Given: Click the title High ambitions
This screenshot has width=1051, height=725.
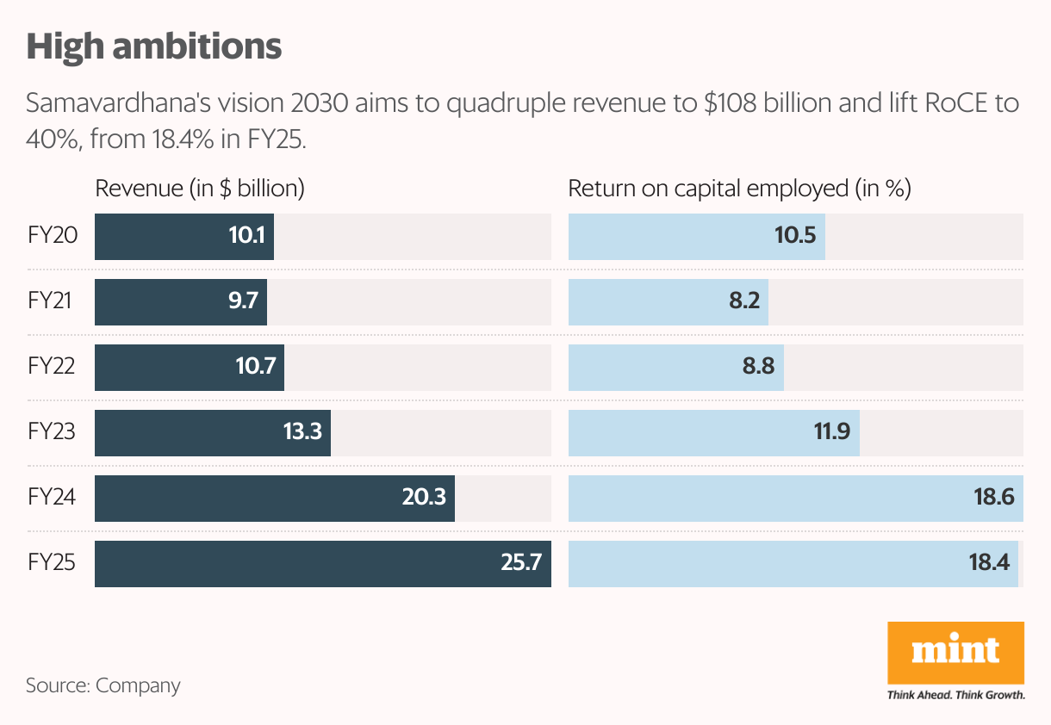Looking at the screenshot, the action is [154, 47].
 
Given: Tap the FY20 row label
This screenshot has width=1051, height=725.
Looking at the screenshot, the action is [53, 235].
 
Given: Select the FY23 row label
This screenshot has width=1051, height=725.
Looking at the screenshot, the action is [52, 431].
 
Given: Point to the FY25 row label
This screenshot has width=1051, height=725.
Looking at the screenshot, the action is [52, 562].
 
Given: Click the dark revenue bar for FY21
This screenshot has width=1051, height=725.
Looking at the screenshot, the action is [181, 302].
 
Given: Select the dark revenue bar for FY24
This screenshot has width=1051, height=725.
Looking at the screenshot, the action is [275, 499].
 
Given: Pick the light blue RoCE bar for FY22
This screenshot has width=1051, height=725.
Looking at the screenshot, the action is [676, 368].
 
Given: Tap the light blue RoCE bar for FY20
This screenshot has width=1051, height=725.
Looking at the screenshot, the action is [697, 237].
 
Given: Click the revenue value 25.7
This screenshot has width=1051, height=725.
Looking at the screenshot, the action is [521, 562].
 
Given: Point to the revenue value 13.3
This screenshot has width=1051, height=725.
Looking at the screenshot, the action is [302, 431].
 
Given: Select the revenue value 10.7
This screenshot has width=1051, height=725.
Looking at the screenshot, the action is [256, 366].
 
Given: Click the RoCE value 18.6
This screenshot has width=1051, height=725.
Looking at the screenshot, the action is [994, 497].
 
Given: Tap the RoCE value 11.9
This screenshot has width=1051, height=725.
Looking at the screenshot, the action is [832, 431].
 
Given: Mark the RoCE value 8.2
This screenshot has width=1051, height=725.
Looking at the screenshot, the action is [744, 301].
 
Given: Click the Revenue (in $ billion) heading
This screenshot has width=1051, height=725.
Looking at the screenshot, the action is [200, 189].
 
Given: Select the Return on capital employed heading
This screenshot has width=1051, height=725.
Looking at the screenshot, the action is [739, 189].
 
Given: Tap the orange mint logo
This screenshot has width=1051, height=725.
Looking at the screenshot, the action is [955, 653].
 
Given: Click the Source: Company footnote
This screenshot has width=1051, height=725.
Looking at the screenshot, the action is [103, 686].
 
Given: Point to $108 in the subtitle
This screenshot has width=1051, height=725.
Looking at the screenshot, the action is [730, 103].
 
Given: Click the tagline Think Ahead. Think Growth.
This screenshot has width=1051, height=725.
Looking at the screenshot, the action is [955, 695].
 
